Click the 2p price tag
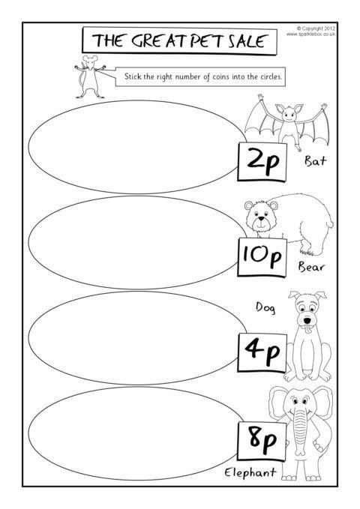(x=262, y=162)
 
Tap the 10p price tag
(x=262, y=257)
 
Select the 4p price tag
(x=262, y=352)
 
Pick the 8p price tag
(x=262, y=441)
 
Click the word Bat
(x=315, y=160)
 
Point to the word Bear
(x=311, y=267)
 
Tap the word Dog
(x=265, y=307)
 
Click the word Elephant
(x=250, y=472)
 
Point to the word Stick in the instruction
(x=133, y=76)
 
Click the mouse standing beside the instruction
(x=89, y=77)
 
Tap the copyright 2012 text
(x=316, y=28)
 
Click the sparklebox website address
(x=310, y=34)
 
